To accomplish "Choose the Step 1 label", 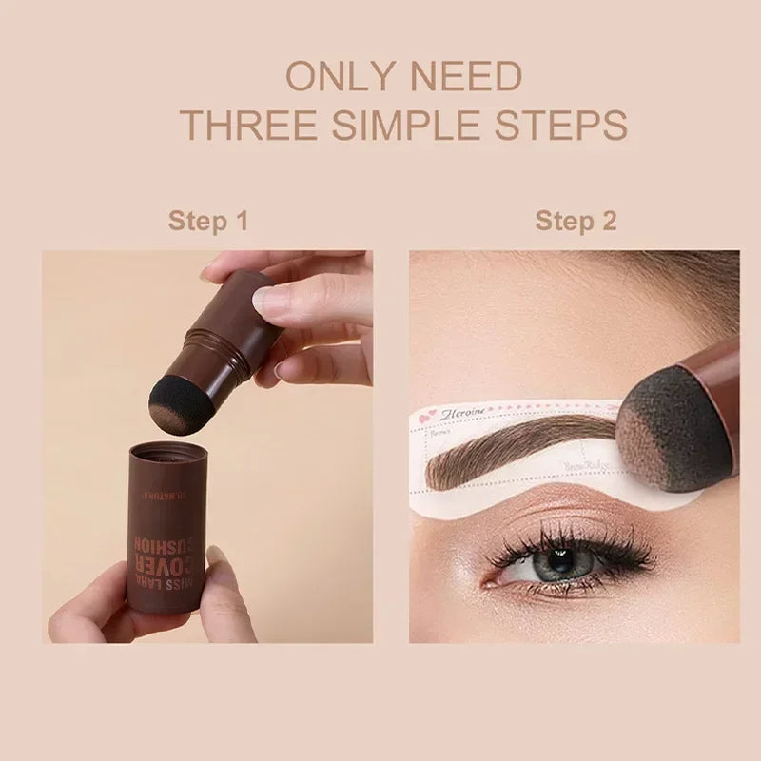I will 208,222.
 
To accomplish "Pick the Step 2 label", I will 576,222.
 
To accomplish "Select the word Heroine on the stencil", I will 464,412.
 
